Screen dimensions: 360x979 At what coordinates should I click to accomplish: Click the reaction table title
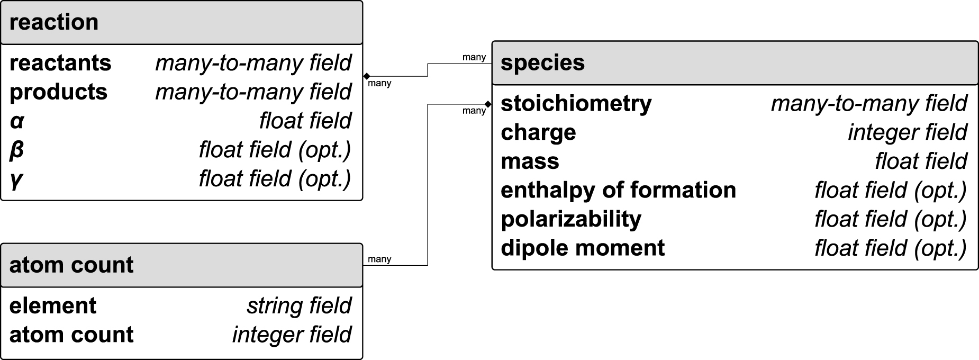(x=54, y=22)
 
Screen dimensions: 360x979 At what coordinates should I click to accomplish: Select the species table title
(x=542, y=62)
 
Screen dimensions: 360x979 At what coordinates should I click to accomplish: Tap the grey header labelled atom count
(x=71, y=265)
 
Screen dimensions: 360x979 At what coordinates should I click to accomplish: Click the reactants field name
(x=60, y=63)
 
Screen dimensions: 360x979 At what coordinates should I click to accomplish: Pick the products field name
(x=58, y=92)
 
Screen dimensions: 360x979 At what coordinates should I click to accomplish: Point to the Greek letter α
(x=17, y=121)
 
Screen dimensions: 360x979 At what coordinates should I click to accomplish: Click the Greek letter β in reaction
(x=16, y=150)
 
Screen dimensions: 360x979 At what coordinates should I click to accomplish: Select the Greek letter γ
(x=16, y=179)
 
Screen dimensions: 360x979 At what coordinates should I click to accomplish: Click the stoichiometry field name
(x=576, y=103)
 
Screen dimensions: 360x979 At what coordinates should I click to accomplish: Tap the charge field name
(x=538, y=132)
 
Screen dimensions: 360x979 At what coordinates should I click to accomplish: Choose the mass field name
(x=530, y=161)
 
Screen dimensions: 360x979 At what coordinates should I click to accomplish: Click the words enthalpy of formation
(x=618, y=190)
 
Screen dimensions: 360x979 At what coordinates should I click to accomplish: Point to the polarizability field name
(x=571, y=219)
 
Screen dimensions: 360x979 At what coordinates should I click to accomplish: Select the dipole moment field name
(x=583, y=248)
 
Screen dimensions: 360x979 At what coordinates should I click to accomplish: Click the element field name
(x=53, y=305)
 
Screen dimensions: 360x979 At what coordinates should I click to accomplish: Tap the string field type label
(x=299, y=305)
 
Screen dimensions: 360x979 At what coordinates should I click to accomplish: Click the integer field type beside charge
(x=907, y=132)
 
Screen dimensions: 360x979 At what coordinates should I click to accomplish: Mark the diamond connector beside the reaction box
(x=367, y=76)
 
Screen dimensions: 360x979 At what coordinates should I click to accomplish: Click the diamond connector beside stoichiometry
(x=488, y=104)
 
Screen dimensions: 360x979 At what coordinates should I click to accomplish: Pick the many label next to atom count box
(x=379, y=259)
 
